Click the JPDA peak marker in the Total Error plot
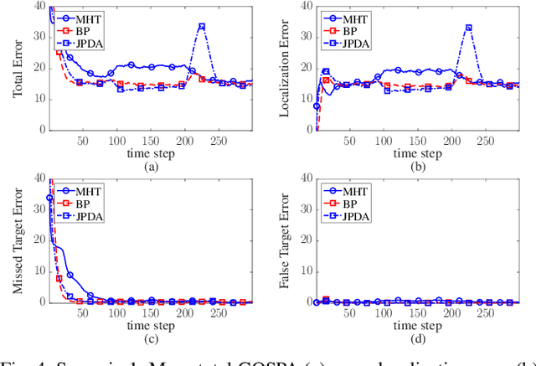tap(201, 26)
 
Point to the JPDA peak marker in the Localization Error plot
tap(468, 28)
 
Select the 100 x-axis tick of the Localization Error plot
tap(388, 140)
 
